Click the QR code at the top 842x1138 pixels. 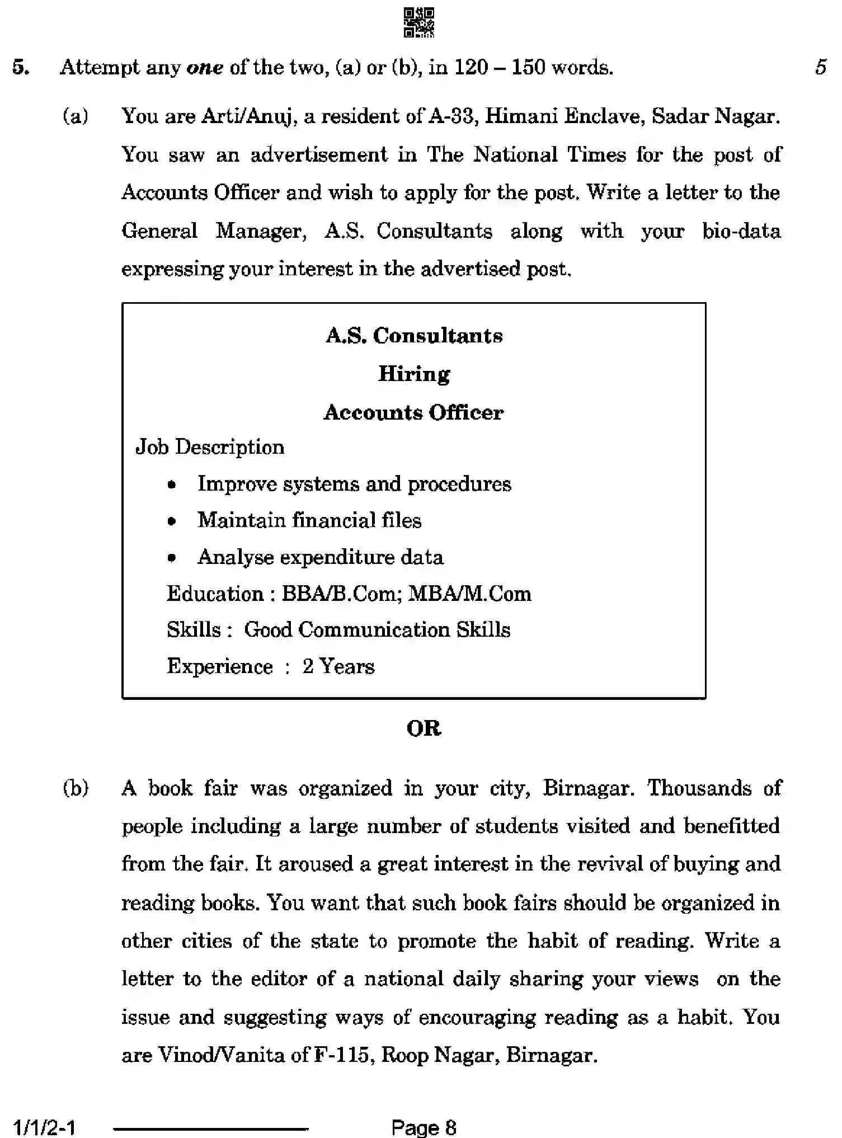[419, 23]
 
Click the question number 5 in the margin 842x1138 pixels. [21, 68]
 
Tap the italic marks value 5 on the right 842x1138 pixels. [821, 68]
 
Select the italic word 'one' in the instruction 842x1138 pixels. [205, 68]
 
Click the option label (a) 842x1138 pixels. [76, 116]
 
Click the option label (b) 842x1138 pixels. [76, 788]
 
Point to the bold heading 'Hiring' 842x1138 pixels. [414, 374]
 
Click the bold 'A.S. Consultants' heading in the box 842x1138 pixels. [414, 336]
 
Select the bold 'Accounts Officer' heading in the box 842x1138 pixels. [414, 413]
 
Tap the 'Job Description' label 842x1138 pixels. [210, 447]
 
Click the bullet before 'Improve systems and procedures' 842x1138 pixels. [172, 485]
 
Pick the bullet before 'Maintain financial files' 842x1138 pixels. [172, 521]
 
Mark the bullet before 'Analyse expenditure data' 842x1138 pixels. [172, 558]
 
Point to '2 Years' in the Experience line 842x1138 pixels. [338, 666]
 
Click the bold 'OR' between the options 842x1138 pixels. [424, 728]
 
